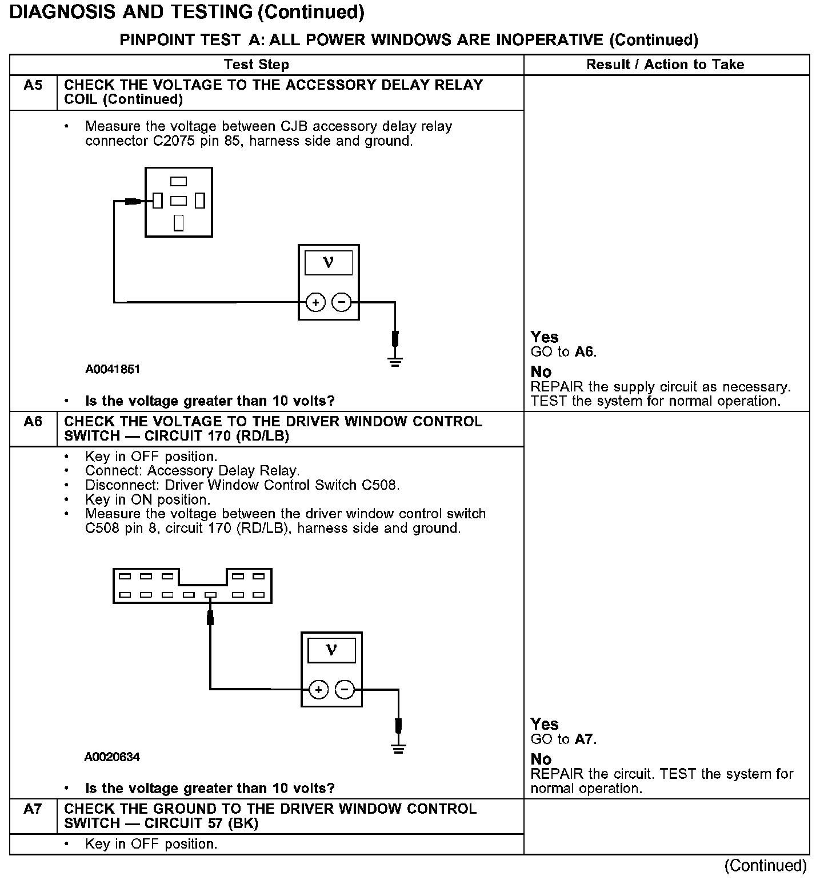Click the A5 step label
pos(33,86)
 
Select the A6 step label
pos(33,422)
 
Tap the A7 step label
pos(33,809)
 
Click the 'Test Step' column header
pos(257,65)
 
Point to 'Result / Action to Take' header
pos(665,65)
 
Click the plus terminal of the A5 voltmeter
pos(315,302)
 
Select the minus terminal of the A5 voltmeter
pos(342,302)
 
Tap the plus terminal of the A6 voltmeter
pos(318,690)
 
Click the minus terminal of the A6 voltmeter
pos(345,690)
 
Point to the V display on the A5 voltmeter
pos(329,263)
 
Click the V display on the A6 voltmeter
pos(331,650)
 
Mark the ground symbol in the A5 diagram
pos(395,361)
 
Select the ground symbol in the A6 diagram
pos(398,749)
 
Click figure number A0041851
pos(113,369)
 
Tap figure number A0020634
pos(112,757)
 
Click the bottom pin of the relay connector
pos(179,222)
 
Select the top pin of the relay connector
pos(179,182)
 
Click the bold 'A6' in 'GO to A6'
pos(585,352)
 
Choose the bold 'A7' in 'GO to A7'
pos(585,739)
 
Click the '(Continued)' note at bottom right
pos(766,866)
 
